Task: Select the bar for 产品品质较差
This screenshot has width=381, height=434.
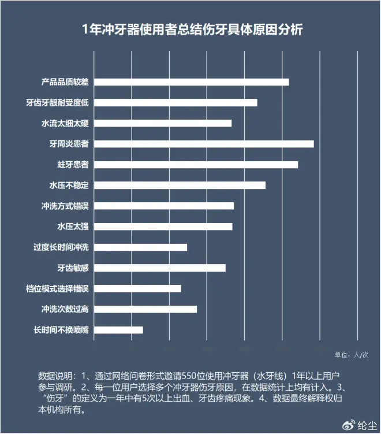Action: click(191, 82)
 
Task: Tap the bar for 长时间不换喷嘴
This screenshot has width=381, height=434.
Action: click(118, 330)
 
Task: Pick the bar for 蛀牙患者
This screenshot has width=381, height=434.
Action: click(196, 165)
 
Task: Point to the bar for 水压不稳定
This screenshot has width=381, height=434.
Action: click(180, 185)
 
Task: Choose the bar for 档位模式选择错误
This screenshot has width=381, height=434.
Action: click(137, 288)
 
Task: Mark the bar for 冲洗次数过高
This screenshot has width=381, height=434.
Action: click(145, 309)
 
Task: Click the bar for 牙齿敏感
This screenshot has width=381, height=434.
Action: click(159, 268)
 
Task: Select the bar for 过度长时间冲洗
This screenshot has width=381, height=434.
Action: click(140, 247)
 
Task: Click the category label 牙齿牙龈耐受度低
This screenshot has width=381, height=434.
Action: click(60, 103)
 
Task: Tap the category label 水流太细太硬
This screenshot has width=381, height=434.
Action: click(65, 124)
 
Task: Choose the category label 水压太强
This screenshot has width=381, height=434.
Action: click(73, 227)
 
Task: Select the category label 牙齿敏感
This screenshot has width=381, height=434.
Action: click(73, 268)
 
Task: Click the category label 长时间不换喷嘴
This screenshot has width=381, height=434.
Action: click(60, 330)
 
